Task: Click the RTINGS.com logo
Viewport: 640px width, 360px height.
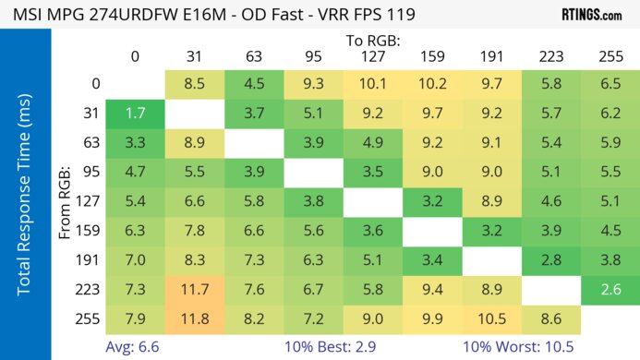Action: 590,15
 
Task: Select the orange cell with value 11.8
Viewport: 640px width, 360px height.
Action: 194,318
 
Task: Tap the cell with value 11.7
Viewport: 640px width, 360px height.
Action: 194,290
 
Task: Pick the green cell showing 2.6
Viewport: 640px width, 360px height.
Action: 610,290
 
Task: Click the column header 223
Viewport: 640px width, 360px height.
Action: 550,56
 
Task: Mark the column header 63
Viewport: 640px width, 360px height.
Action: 254,56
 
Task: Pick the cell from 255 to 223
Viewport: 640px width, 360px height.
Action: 550,318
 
